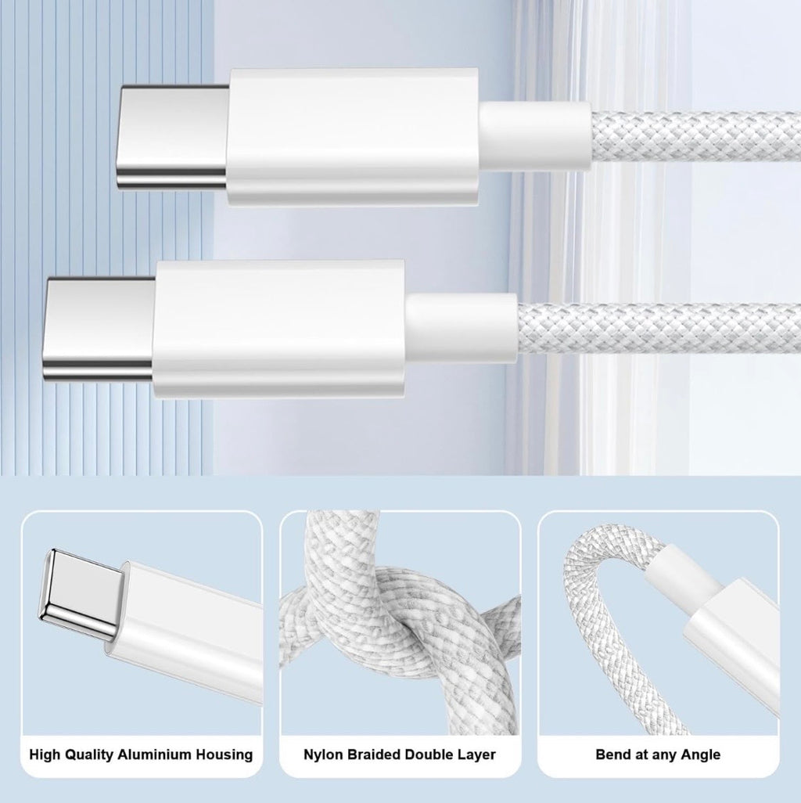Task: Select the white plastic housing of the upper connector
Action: point(352,137)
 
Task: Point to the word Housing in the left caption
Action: point(227,754)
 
